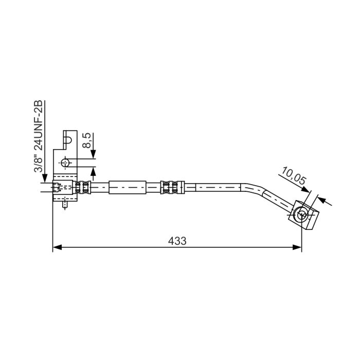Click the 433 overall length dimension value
point(177,241)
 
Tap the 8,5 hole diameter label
point(87,140)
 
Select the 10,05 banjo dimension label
point(294,176)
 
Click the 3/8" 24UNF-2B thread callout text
point(39,136)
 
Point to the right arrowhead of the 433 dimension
point(297,247)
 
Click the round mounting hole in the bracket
point(65,163)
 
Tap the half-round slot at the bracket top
point(68,140)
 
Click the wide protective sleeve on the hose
point(127,187)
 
